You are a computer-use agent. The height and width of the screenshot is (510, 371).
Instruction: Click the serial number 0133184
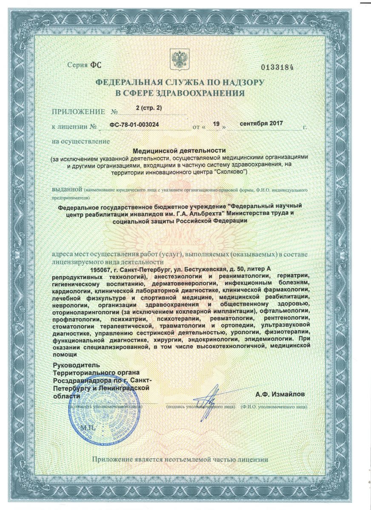pyautogui.click(x=277, y=68)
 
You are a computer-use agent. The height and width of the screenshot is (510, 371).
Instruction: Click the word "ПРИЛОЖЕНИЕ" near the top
pyautogui.click(x=78, y=112)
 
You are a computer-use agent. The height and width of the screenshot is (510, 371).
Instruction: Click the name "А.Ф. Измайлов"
pyautogui.click(x=280, y=394)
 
